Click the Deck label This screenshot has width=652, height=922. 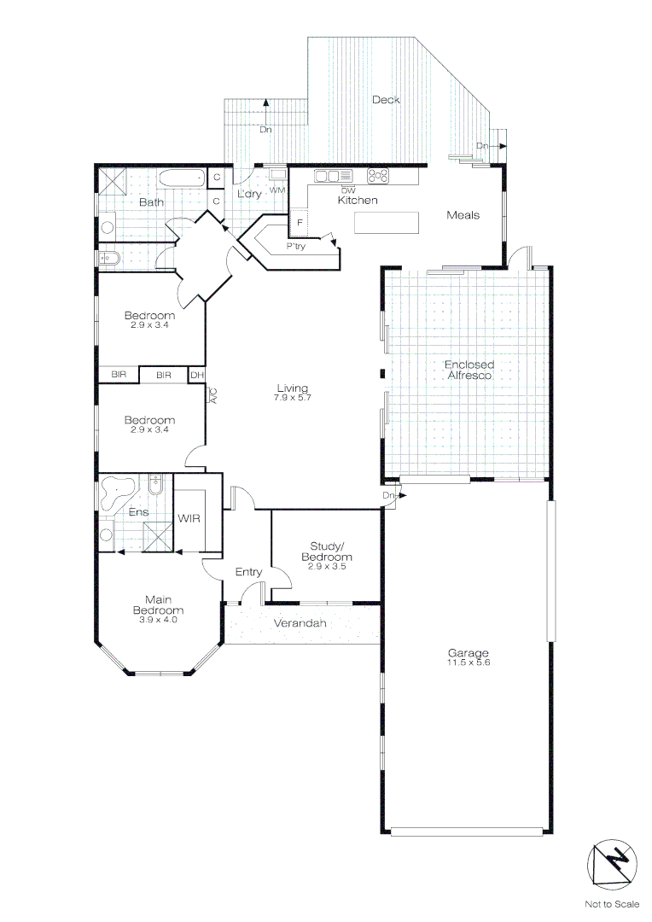[386, 100]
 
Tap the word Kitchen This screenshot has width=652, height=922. [358, 201]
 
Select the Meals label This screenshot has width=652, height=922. [463, 215]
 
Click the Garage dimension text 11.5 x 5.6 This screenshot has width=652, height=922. [468, 662]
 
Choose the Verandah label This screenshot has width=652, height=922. [300, 624]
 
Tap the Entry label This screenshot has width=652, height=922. [248, 572]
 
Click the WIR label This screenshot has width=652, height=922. [189, 518]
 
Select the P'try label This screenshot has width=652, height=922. [296, 246]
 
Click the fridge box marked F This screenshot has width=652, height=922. [300, 223]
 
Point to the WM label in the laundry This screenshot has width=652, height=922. [277, 190]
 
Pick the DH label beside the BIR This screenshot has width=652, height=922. [196, 375]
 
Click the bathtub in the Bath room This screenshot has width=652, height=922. [182, 178]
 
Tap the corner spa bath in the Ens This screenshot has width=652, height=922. [116, 490]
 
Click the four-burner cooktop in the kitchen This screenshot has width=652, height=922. [378, 176]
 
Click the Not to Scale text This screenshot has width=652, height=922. [612, 903]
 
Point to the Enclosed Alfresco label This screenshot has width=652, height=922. [469, 370]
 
